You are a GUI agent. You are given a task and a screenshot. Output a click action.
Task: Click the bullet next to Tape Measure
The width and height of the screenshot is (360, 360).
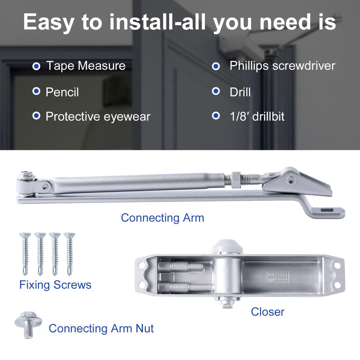pyautogui.click(x=36, y=66)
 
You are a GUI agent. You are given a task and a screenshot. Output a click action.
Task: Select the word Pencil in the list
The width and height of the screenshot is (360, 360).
pyautogui.click(x=62, y=92)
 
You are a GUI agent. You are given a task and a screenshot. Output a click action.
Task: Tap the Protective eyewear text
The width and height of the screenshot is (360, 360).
pyautogui.click(x=98, y=117)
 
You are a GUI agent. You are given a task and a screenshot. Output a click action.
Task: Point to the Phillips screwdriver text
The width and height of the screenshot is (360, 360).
pyautogui.click(x=282, y=66)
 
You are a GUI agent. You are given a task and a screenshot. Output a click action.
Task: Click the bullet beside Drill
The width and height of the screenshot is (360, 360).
pyautogui.click(x=216, y=92)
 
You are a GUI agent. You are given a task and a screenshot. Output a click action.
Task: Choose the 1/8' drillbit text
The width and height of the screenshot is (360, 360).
pyautogui.click(x=257, y=117)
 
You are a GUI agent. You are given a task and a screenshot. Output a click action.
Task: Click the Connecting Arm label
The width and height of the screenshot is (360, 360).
pyautogui.click(x=162, y=218)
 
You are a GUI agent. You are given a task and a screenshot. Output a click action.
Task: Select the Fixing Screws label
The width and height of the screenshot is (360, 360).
pyautogui.click(x=55, y=285)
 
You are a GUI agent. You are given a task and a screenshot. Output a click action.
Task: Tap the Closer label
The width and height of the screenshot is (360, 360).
pyautogui.click(x=268, y=311)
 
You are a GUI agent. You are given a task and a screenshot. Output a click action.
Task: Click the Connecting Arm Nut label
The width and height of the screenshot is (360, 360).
pyautogui.click(x=101, y=328)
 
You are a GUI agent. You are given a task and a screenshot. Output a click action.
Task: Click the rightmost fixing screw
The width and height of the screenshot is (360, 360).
pyautogui.click(x=69, y=253)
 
